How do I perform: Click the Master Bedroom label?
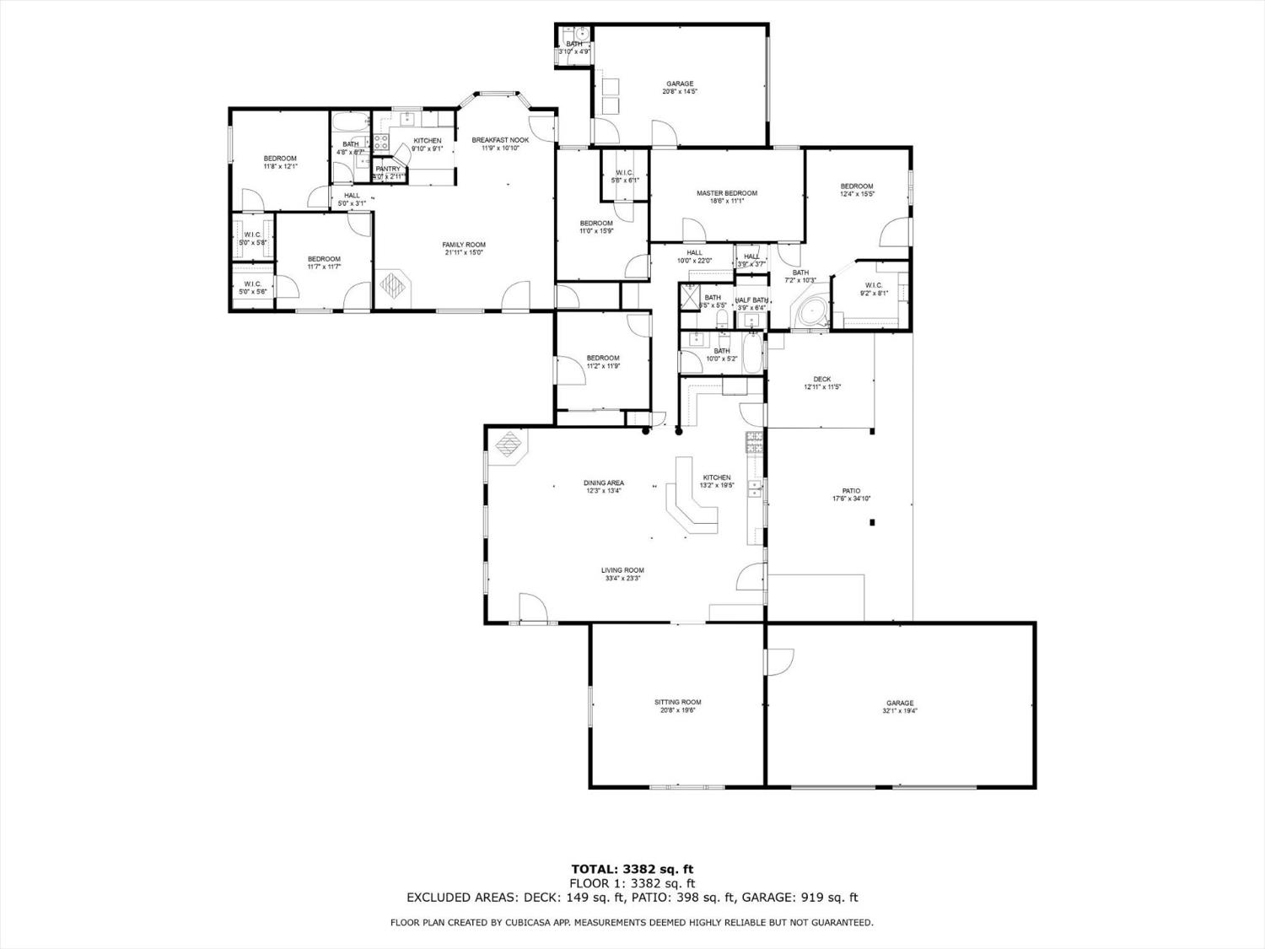[726, 193]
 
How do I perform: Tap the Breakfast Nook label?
[500, 140]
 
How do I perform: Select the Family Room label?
[464, 245]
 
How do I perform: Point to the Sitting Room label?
[677, 702]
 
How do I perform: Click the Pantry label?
[388, 169]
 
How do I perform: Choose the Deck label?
[821, 379]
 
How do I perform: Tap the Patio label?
[851, 490]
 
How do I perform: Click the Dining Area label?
[604, 483]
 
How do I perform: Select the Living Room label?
[622, 570]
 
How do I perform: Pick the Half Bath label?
[751, 300]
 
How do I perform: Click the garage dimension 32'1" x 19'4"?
[900, 711]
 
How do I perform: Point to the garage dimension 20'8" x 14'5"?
[680, 91]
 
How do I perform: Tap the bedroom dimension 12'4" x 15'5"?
[856, 194]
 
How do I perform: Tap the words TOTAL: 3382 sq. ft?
[632, 868]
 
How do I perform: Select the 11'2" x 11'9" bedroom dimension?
[603, 366]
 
